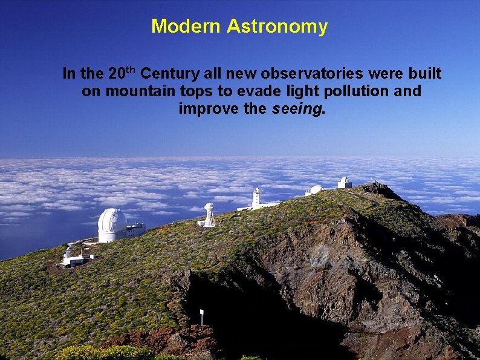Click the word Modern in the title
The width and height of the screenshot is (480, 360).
click(187, 27)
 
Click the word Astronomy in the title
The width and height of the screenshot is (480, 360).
click(277, 27)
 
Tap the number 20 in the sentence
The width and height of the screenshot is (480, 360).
click(117, 74)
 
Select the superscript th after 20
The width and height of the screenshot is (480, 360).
click(132, 70)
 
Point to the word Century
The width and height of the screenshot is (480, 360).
click(170, 74)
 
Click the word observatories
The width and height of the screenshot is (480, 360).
click(311, 74)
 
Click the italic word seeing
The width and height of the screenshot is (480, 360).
click(297, 110)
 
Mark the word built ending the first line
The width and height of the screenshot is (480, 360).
click(425, 74)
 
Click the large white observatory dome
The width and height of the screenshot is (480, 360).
click(112, 224)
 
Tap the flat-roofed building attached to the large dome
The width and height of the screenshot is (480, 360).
click(136, 229)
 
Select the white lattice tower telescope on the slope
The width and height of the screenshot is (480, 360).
click(209, 215)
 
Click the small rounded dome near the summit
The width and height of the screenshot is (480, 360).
click(316, 190)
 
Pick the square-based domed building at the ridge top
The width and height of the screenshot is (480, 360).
click(344, 182)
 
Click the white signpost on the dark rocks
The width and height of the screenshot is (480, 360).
click(201, 315)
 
